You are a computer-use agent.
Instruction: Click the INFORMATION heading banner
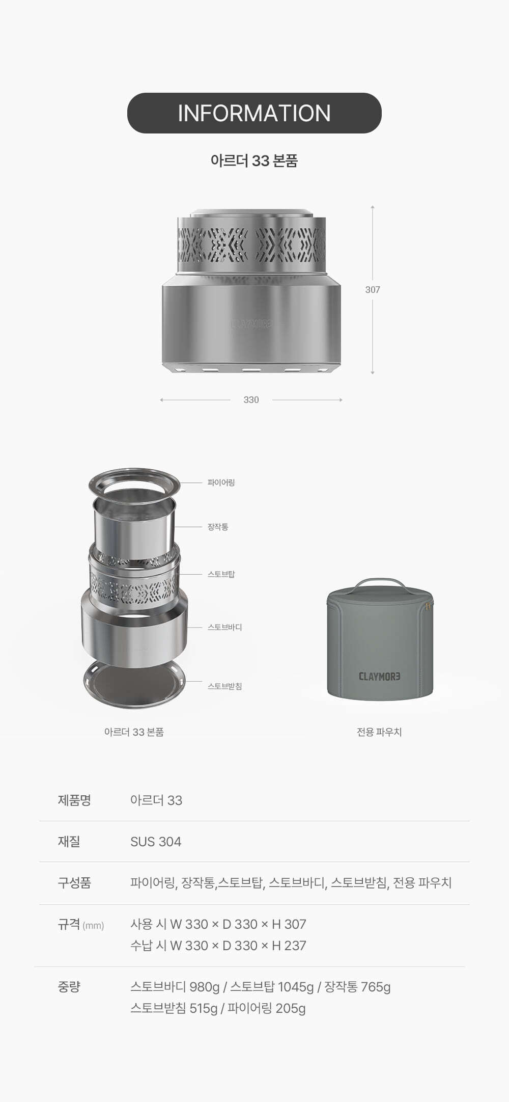254,113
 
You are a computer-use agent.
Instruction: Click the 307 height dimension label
373,289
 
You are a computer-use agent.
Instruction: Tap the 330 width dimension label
251,400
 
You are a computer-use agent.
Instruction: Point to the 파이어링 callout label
221,482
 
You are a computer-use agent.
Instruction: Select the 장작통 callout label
218,527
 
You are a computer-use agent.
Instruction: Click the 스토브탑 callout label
221,574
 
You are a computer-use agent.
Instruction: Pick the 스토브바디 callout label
224,627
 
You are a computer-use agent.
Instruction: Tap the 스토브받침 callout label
224,686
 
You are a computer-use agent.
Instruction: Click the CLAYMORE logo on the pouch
380,677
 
